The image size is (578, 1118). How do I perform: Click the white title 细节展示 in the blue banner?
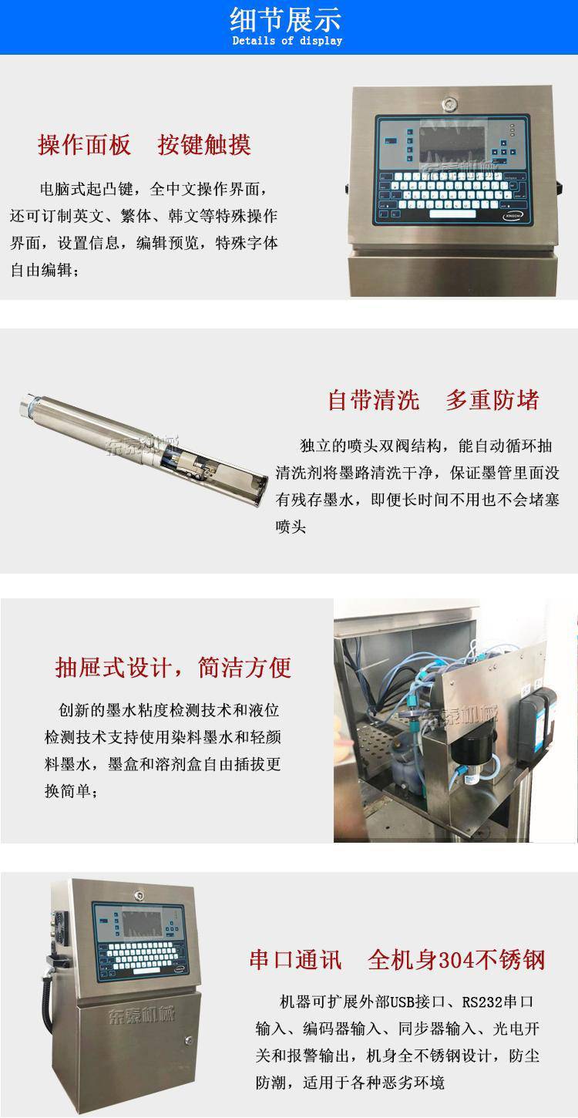pos(286,20)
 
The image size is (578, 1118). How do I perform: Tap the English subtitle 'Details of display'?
pos(287,41)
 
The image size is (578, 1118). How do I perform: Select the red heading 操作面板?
pos(84,145)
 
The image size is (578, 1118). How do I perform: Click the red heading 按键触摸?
pos(204,145)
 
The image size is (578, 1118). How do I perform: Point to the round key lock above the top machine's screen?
pos(449,104)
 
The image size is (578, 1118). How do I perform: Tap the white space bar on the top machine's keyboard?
pos(453,214)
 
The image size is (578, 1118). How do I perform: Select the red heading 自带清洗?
pos(374,400)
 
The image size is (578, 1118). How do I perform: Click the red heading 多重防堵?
pos(492,400)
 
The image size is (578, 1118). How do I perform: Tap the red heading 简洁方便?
pos(244,667)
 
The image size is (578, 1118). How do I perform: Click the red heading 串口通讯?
pos(296,960)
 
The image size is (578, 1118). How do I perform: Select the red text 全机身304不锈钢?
pos(456,960)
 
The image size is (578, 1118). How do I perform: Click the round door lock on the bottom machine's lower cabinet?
pos(189,1041)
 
